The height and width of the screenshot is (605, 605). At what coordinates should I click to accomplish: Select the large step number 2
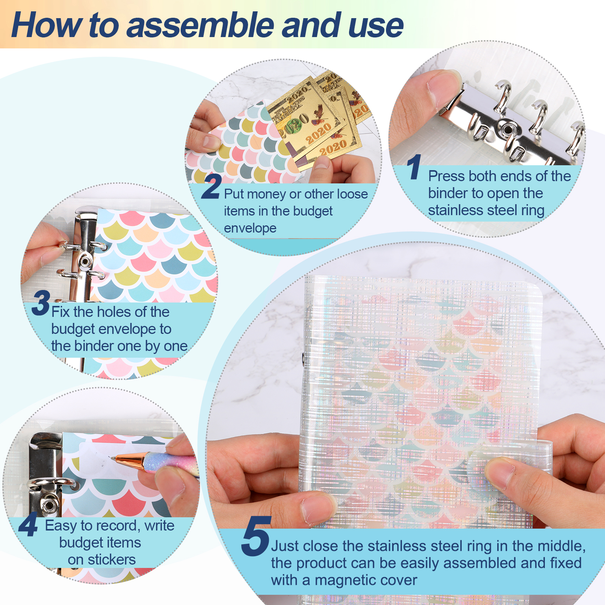pos(211,186)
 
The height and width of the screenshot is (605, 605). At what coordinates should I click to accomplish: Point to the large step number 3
pos(41,302)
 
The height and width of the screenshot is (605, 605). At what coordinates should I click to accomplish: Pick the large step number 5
pos(256,536)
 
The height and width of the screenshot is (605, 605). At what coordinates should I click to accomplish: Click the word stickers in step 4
pos(112,559)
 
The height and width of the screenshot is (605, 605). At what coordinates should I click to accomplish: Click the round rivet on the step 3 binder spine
pos(84,261)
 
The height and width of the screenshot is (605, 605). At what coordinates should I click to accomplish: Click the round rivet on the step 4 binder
pos(48,505)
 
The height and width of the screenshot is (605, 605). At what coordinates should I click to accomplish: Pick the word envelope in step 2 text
pos(250,228)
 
